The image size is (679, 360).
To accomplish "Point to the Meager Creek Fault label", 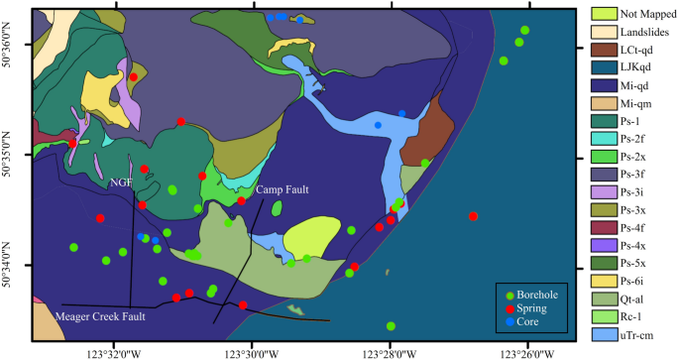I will (x=99, y=317).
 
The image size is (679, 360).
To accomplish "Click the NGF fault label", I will (x=121, y=182).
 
